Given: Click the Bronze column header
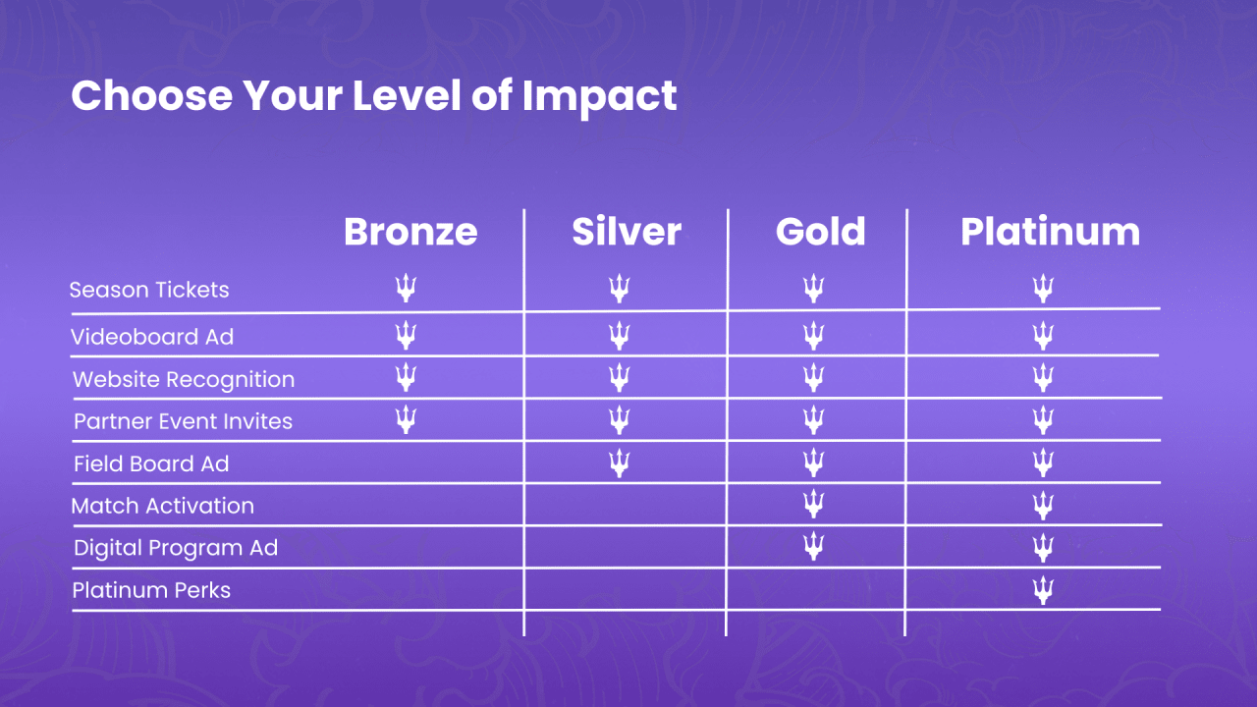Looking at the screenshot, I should (410, 232).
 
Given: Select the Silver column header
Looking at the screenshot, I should (627, 232).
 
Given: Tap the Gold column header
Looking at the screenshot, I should (820, 232).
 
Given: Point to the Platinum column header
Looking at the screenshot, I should (1050, 232).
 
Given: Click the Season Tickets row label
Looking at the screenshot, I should (149, 290).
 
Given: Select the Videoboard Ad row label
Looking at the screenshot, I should (152, 337).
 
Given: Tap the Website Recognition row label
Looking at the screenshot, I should (184, 379).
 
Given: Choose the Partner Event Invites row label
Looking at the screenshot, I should (183, 421).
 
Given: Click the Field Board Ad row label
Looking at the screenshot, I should (151, 463).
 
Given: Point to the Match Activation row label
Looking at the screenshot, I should (163, 506).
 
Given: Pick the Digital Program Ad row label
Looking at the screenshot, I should (176, 548).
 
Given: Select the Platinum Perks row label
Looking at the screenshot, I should (152, 590).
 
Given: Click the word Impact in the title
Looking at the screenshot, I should (599, 96).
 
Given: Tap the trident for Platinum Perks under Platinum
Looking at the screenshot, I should (1043, 590).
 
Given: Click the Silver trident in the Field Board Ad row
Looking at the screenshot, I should (619, 462).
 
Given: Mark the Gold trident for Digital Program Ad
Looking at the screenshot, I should (813, 545).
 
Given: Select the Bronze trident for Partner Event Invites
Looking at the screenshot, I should (406, 419).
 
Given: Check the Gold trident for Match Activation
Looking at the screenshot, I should (813, 504).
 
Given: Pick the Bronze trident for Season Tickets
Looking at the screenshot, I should (406, 288).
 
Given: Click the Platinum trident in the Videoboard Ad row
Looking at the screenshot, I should (1043, 336).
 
